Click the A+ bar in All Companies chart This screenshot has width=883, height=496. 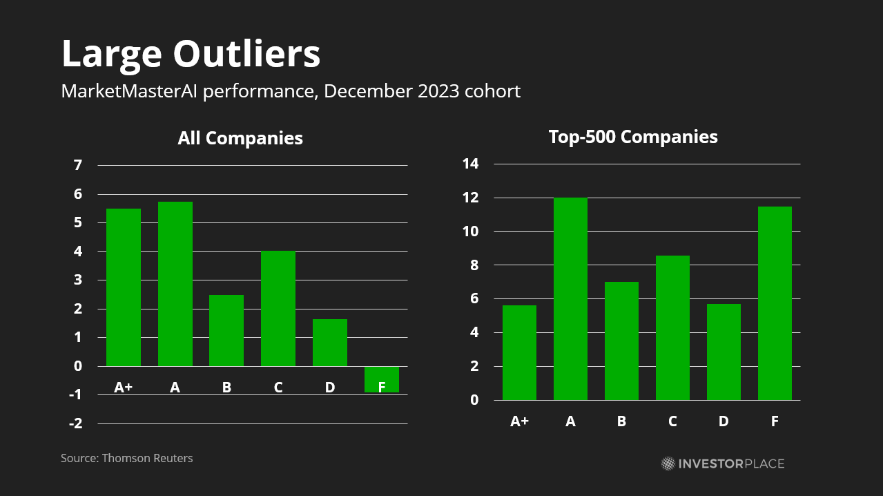pyautogui.click(x=124, y=287)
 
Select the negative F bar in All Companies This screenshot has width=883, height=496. pyautogui.click(x=382, y=379)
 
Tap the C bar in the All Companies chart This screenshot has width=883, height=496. pyautogui.click(x=278, y=308)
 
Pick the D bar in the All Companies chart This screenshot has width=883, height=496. pyautogui.click(x=330, y=342)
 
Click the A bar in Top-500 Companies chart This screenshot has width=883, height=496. pyautogui.click(x=570, y=298)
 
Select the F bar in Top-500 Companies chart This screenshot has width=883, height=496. pyautogui.click(x=775, y=303)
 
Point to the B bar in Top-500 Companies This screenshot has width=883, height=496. pyautogui.click(x=621, y=341)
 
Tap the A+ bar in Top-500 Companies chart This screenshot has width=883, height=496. pyautogui.click(x=519, y=352)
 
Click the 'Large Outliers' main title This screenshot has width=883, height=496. pyautogui.click(x=191, y=54)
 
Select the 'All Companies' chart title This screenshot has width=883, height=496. pyautogui.click(x=240, y=138)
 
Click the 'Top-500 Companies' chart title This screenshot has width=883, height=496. pyautogui.click(x=633, y=137)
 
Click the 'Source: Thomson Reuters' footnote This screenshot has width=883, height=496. pyautogui.click(x=127, y=458)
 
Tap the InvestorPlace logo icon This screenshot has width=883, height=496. pyautogui.click(x=668, y=463)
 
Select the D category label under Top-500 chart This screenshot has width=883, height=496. pyautogui.click(x=724, y=421)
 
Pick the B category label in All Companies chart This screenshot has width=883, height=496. pyautogui.click(x=226, y=388)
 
